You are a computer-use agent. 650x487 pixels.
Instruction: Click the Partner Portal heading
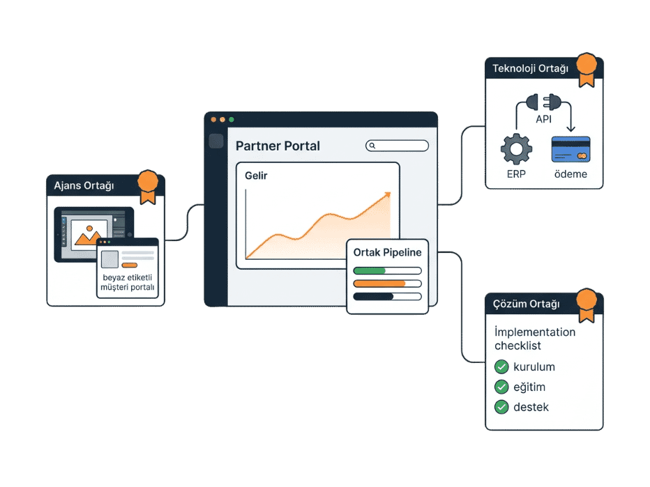[278, 146]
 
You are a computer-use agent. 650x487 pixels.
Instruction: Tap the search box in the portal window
[397, 146]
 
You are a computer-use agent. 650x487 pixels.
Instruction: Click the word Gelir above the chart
[256, 176]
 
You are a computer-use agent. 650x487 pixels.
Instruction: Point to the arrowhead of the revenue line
[387, 194]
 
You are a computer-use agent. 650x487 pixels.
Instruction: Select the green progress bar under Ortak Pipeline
[370, 271]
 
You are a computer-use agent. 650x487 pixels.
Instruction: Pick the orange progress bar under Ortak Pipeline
[379, 284]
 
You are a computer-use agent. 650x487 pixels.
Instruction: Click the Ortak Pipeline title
[387, 252]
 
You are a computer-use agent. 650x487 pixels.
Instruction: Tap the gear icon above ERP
[516, 149]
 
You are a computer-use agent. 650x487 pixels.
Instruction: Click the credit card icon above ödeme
[570, 149]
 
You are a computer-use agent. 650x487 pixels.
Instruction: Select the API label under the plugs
[543, 119]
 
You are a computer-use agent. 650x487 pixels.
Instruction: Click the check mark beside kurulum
[501, 366]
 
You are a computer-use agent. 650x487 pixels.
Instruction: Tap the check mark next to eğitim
[501, 387]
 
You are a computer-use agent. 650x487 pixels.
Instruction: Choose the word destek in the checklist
[531, 407]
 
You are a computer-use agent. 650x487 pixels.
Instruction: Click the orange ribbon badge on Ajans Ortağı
[148, 186]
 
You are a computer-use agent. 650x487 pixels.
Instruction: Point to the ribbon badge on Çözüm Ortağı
[587, 304]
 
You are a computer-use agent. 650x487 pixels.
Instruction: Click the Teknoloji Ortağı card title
[530, 68]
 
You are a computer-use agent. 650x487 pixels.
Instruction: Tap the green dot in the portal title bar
[232, 120]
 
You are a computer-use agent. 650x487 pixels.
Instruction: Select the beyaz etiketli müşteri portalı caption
[127, 282]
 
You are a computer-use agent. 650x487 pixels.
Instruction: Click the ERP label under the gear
[516, 174]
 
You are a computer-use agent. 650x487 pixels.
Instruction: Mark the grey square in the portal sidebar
[216, 141]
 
